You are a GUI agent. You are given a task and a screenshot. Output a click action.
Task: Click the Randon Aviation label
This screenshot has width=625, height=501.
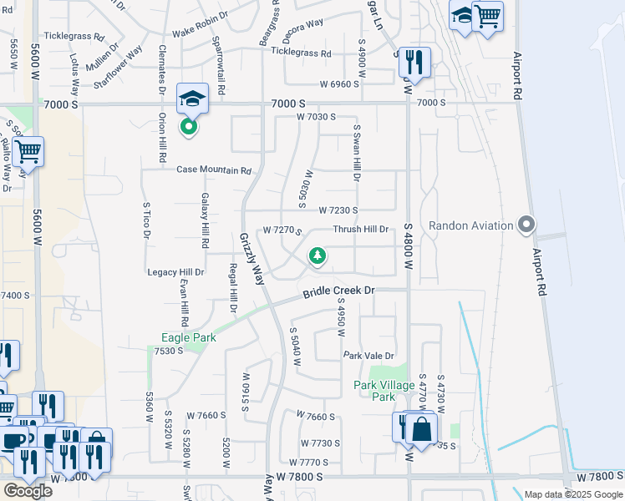(x=470, y=225)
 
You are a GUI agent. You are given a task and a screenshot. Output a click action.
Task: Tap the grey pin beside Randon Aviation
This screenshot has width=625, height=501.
(x=526, y=225)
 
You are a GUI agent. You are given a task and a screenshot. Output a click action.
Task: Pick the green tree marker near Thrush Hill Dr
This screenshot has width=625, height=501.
(x=318, y=256)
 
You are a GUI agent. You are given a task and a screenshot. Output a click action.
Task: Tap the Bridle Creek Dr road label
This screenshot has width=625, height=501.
(x=338, y=291)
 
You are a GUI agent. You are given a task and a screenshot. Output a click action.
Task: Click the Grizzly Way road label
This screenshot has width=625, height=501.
(x=252, y=261)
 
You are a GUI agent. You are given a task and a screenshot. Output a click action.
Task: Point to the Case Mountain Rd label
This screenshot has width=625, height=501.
(x=213, y=170)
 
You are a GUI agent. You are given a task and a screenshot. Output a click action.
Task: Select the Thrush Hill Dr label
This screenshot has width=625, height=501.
(x=361, y=229)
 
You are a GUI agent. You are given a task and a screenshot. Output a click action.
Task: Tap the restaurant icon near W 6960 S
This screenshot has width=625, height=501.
(x=414, y=62)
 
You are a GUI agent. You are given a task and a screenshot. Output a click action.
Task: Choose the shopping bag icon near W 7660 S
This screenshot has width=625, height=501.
(x=422, y=429)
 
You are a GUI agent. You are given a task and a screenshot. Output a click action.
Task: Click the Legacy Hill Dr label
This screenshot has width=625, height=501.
(x=175, y=272)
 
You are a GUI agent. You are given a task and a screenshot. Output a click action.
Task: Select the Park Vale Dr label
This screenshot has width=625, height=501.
(x=368, y=356)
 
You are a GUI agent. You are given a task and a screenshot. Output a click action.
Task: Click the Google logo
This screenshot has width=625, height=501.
(x=28, y=490)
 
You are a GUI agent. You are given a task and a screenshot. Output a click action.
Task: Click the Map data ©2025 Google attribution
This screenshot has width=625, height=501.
(x=572, y=495)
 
